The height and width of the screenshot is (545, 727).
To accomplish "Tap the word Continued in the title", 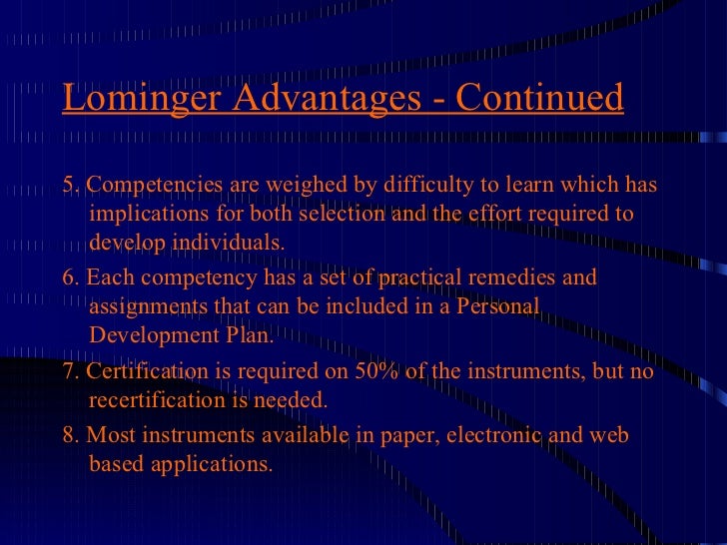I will [x=540, y=99].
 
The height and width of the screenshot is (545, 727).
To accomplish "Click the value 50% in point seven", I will [x=375, y=371].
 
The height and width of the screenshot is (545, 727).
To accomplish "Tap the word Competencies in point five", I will [x=157, y=187].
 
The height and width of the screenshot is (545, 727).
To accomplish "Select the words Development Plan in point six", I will [x=181, y=335].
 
